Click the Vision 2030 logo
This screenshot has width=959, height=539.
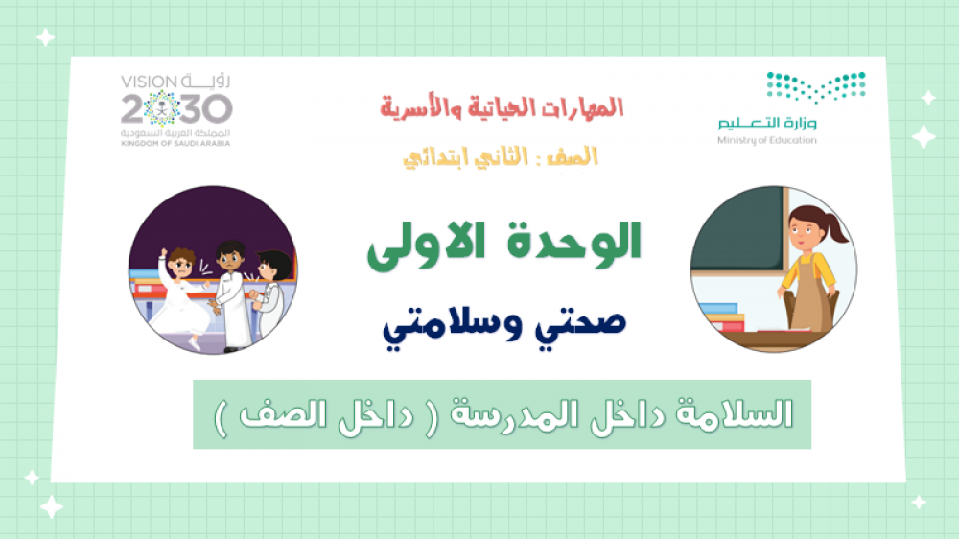click(x=176, y=110)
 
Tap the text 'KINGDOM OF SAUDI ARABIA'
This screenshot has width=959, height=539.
click(x=175, y=144)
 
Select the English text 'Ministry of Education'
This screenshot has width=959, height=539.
click(x=767, y=140)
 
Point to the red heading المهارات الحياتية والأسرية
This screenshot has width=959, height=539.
click(x=502, y=107)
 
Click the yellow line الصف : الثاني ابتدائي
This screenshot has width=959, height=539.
click(x=501, y=158)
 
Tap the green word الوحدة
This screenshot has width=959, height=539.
click(x=573, y=243)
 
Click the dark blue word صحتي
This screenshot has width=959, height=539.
click(x=581, y=324)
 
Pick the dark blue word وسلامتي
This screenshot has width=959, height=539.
click(x=453, y=327)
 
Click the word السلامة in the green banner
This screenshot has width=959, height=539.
click(x=735, y=415)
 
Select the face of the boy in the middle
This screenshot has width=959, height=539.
click(x=229, y=259)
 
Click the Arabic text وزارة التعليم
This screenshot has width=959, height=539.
click(x=767, y=123)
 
